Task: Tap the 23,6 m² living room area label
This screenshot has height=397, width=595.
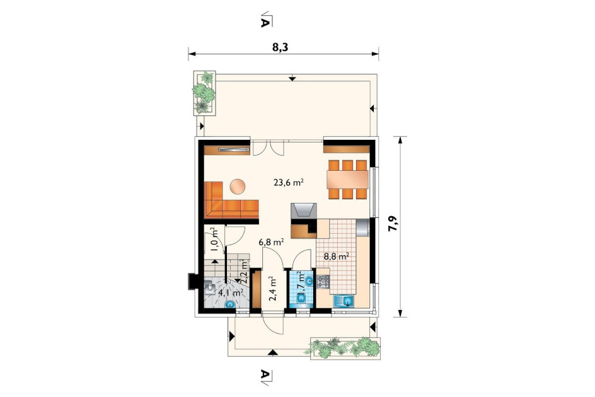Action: tap(289, 183)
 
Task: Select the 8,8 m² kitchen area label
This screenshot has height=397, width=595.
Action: tap(336, 256)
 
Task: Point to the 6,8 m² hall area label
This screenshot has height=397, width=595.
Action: tap(272, 242)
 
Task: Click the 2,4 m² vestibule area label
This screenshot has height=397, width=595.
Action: tap(272, 289)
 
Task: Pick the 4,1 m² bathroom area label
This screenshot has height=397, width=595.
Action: tap(231, 292)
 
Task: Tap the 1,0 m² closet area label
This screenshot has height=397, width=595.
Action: tap(214, 239)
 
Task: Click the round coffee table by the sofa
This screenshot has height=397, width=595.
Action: tap(237, 187)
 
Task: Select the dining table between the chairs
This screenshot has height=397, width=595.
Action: tap(348, 180)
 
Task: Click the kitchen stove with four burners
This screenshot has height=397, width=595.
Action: tap(323, 282)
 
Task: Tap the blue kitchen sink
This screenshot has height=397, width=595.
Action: tap(344, 302)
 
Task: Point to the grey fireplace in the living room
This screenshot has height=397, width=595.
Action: tap(304, 211)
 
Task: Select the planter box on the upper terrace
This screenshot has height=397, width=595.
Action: tap(204, 93)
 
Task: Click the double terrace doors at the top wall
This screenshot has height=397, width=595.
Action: tap(268, 148)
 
